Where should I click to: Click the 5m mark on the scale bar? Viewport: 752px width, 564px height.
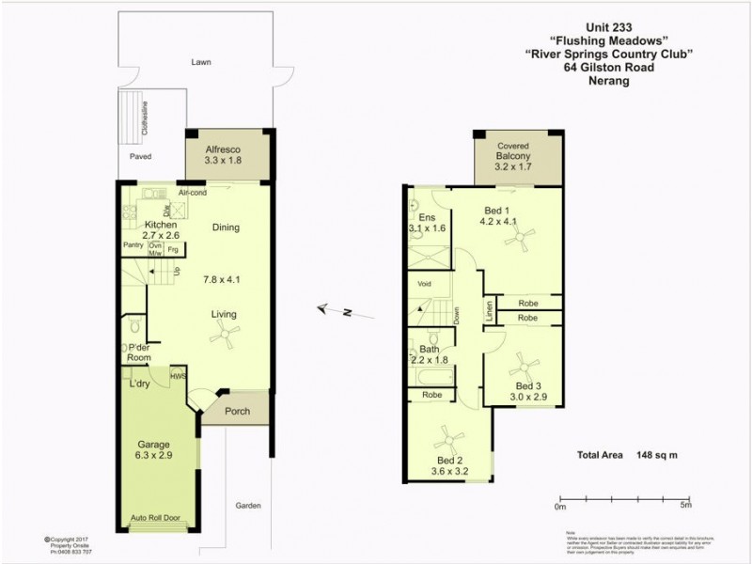pos(686,507)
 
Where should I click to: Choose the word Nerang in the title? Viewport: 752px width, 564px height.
pos(608,81)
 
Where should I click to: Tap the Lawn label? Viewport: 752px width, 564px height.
pos(200,62)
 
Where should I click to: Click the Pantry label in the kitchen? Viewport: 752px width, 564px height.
pos(133,246)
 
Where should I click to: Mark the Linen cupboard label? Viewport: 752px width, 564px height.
pos(489,311)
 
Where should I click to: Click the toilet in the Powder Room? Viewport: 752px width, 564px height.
pos(135,328)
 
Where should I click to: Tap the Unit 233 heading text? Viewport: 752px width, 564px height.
pos(609,29)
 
